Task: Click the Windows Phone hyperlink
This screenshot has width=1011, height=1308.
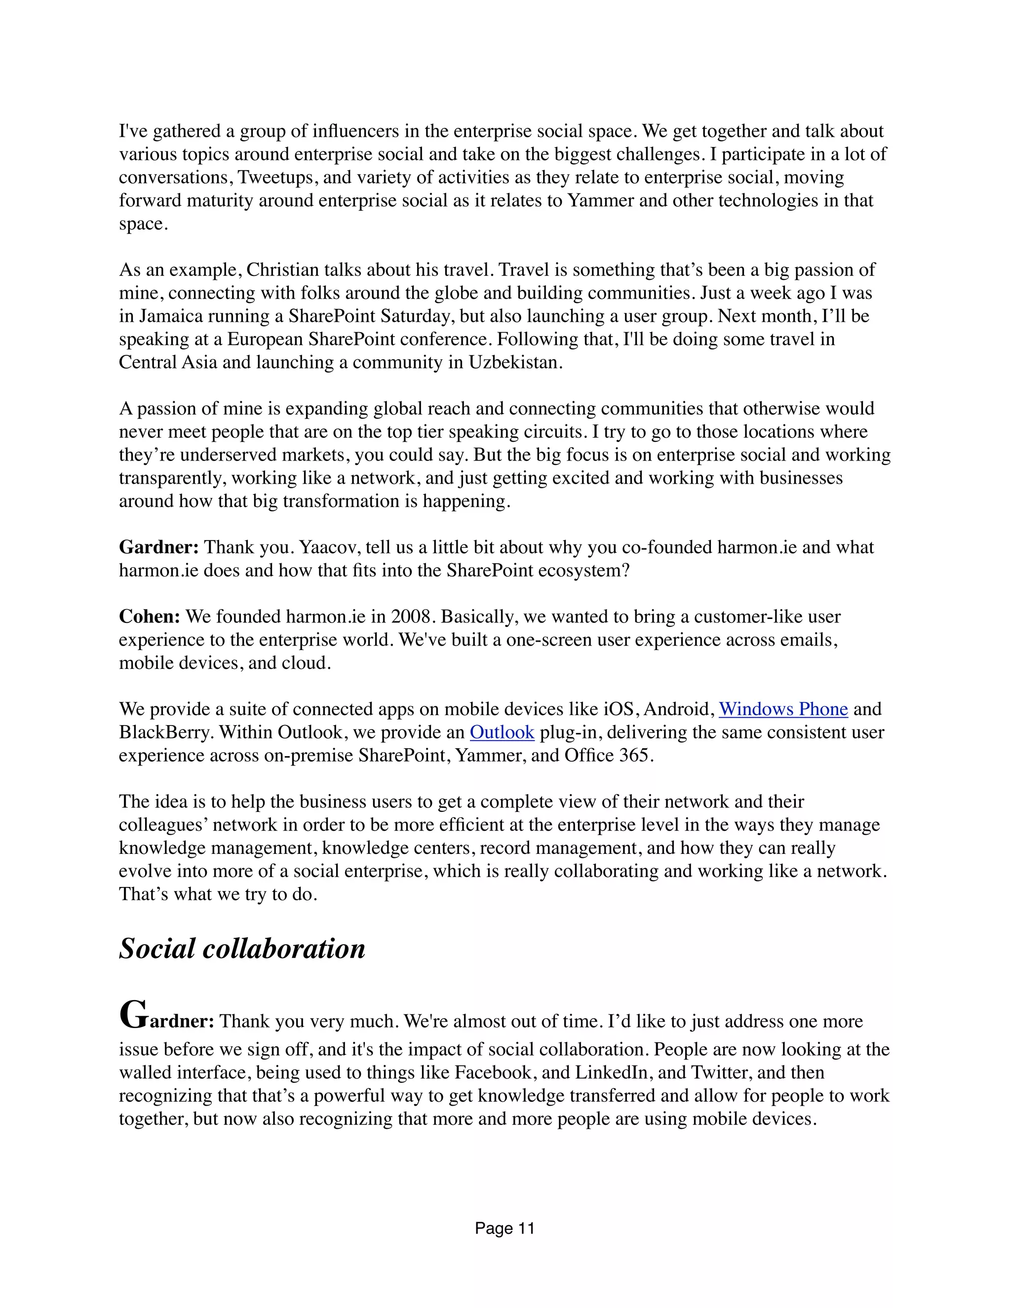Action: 783,709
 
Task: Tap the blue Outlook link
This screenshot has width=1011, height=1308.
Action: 502,732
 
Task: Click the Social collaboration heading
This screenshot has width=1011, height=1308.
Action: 242,949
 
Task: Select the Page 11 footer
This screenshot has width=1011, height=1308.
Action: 505,1229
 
